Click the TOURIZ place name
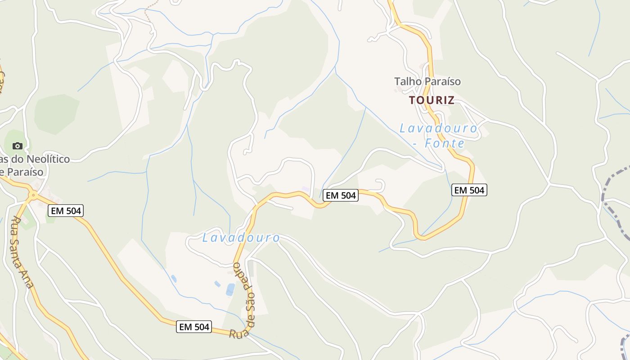pyautogui.click(x=432, y=100)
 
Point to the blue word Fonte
pyautogui.click(x=445, y=144)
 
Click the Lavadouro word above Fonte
pyautogui.click(x=438, y=128)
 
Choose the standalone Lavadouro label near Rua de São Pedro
pyautogui.click(x=241, y=238)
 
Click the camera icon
pyautogui.click(x=18, y=146)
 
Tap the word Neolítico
pyautogui.click(x=48, y=159)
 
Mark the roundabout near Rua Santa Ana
pyautogui.click(x=33, y=195)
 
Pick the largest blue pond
pyautogui.click(x=230, y=289)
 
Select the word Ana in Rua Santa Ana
pyautogui.click(x=30, y=283)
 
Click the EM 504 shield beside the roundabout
pyautogui.click(x=66, y=210)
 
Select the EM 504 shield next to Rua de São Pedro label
pyautogui.click(x=194, y=327)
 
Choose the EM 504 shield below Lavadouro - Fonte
pyautogui.click(x=469, y=190)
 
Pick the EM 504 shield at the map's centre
pyautogui.click(x=341, y=195)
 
